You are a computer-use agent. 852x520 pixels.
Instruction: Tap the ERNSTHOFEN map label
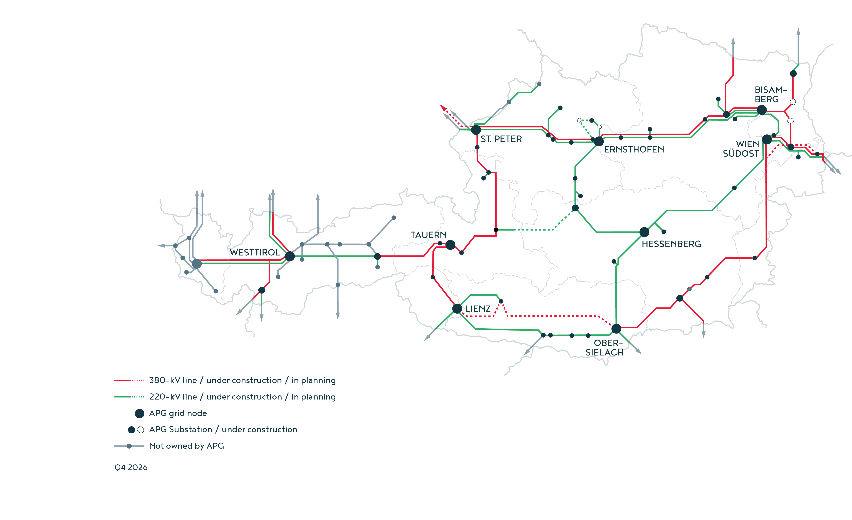pyautogui.click(x=634, y=149)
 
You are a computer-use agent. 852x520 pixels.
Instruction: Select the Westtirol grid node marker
pyautogui.click(x=290, y=256)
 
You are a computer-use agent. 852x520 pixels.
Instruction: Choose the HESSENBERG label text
pyautogui.click(x=671, y=244)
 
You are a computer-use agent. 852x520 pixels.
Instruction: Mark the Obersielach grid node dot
pyautogui.click(x=616, y=328)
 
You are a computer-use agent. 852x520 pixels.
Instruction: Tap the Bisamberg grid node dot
pyautogui.click(x=762, y=110)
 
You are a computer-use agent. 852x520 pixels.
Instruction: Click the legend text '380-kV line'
pyautogui.click(x=173, y=380)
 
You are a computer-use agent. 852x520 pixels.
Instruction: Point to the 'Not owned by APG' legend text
pyautogui.click(x=186, y=446)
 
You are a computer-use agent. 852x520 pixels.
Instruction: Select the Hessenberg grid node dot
pyautogui.click(x=644, y=232)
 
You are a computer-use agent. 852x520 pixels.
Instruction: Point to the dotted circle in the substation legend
pyautogui.click(x=141, y=430)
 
